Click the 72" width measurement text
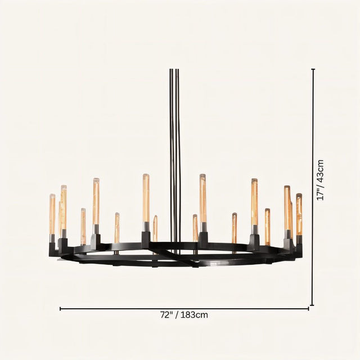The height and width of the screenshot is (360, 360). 165,315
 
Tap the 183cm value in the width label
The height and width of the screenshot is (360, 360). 194,315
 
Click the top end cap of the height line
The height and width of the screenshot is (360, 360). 313,69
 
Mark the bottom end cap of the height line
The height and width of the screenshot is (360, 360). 313,305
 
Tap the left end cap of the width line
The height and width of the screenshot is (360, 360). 60,309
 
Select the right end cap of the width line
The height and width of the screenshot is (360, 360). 308,309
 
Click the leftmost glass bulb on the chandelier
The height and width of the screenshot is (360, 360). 52,214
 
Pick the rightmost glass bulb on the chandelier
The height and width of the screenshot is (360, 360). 299,214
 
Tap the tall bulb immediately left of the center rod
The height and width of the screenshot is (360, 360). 146,198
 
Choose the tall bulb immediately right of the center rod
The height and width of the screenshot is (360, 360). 202,198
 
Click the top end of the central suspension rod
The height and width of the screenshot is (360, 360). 174,70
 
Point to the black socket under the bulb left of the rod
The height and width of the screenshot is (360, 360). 146,238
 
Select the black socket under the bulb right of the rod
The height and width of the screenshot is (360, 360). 203,238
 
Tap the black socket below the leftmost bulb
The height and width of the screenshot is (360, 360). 52,242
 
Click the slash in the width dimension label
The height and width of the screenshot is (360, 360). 176,315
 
